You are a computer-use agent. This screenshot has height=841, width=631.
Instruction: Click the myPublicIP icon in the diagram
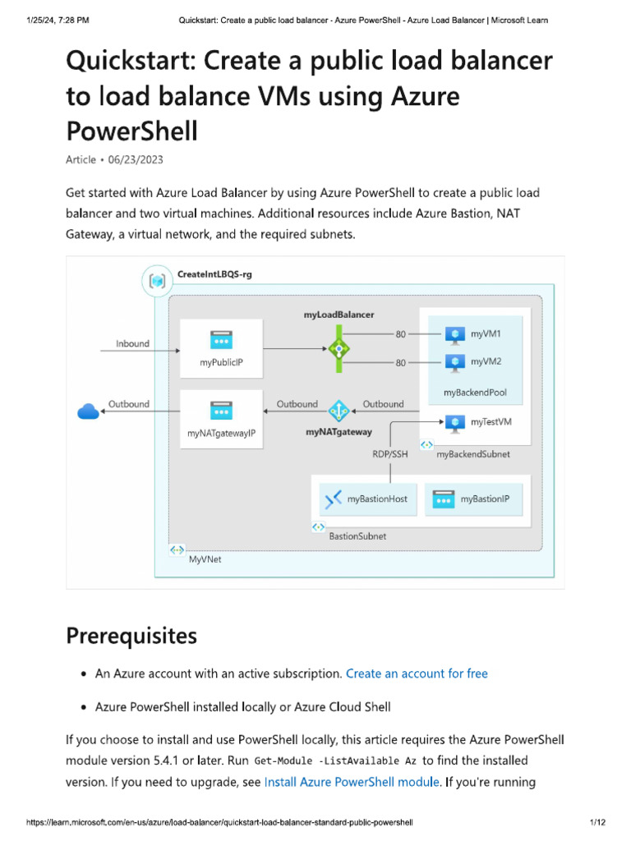220,339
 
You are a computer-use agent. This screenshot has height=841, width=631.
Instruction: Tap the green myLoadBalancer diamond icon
339,347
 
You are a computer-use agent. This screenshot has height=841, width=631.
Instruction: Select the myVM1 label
486,333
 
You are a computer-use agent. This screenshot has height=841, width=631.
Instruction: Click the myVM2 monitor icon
454,361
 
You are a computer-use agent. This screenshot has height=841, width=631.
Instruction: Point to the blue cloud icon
88,411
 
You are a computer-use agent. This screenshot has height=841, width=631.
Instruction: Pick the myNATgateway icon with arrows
339,410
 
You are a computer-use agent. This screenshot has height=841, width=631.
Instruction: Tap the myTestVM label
491,422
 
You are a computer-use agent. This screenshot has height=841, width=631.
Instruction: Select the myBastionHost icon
333,499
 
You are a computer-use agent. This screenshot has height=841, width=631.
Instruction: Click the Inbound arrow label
132,343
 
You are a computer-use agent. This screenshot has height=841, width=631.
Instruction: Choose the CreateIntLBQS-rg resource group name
214,274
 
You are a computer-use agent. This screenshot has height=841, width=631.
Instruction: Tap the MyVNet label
205,559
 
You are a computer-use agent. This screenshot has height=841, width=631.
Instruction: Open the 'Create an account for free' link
417,673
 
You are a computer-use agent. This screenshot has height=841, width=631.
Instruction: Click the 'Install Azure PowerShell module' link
352,782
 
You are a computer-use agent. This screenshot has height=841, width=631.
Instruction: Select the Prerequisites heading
131,636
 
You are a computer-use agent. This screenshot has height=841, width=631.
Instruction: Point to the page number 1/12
596,822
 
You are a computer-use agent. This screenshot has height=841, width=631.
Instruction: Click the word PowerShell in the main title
131,131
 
